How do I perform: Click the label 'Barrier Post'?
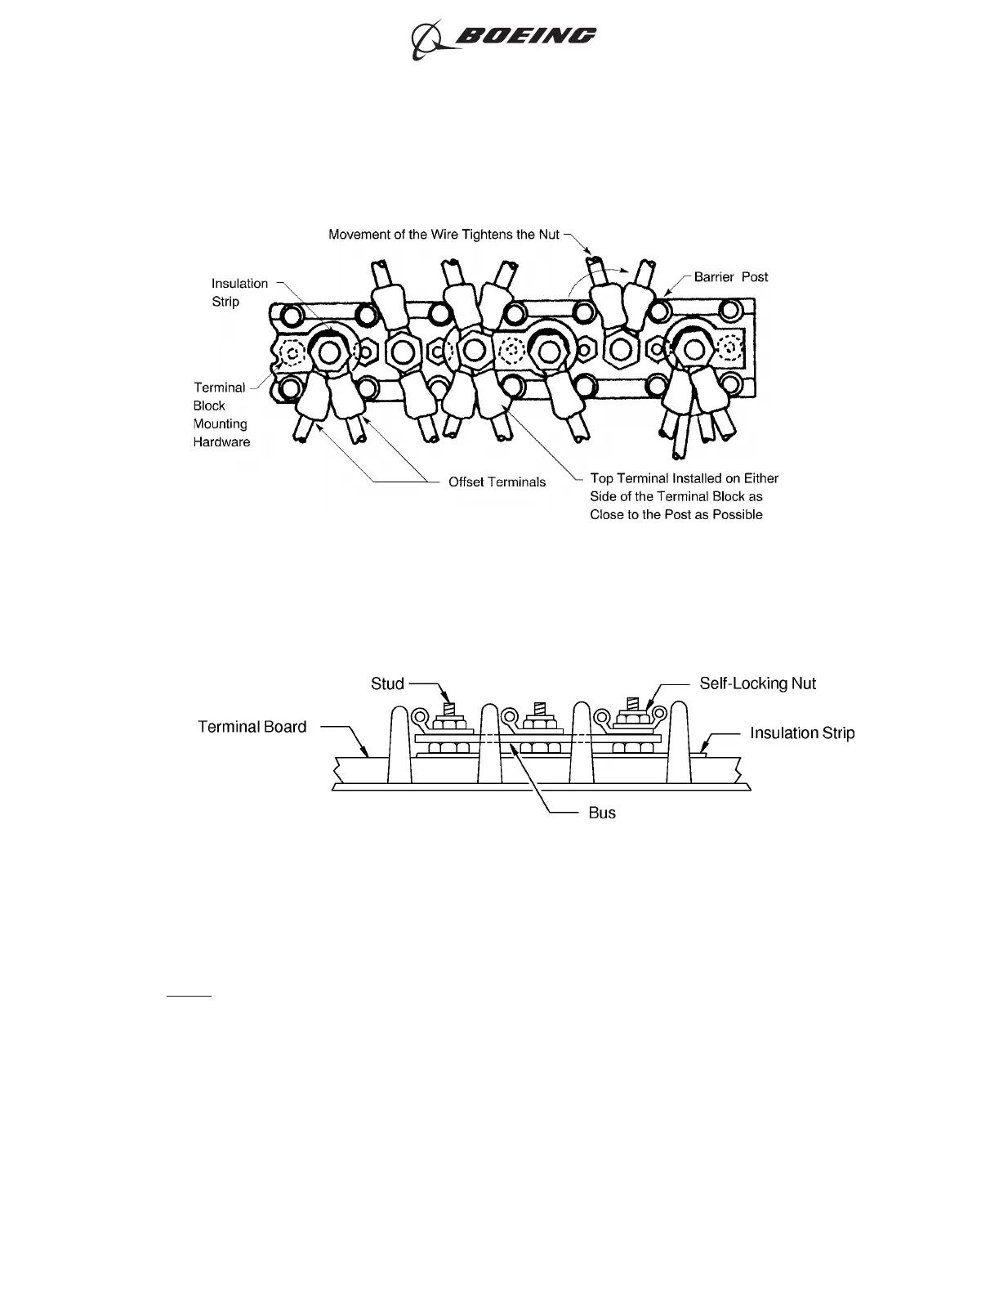[730, 277]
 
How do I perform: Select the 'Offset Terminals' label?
[497, 482]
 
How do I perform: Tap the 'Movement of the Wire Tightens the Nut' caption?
[444, 235]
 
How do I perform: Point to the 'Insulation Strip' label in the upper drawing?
[239, 292]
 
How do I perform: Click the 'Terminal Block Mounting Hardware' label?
[221, 414]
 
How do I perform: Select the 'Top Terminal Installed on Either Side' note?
[684, 496]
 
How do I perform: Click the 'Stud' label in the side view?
[387, 683]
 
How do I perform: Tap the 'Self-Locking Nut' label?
[757, 683]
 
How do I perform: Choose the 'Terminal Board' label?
[252, 727]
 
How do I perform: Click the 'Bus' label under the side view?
[602, 813]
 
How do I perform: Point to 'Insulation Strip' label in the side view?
[802, 733]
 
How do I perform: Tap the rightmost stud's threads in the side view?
[631, 703]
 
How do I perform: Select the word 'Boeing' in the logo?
[525, 37]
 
